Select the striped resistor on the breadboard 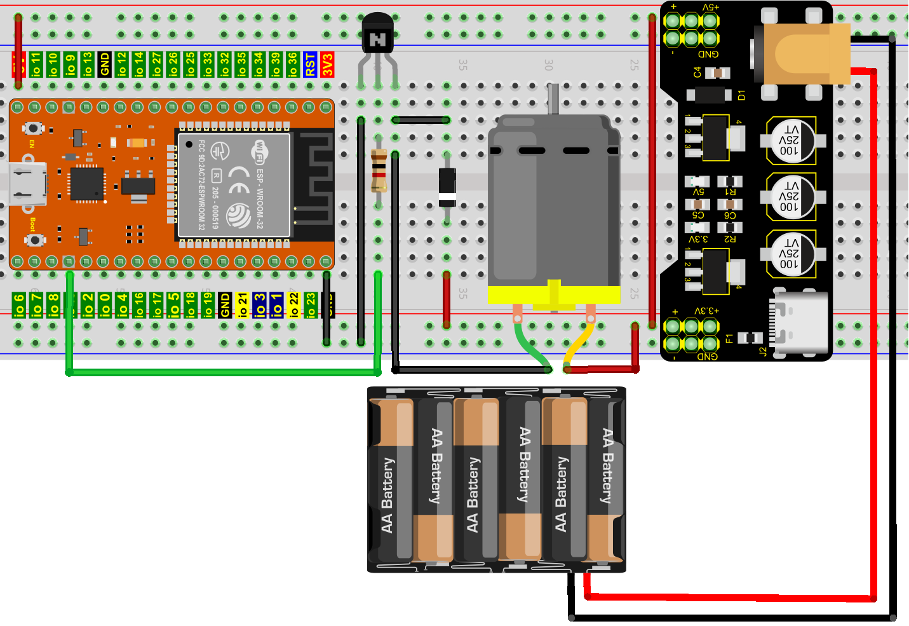click(x=379, y=170)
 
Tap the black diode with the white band click(x=447, y=187)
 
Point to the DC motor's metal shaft click(x=553, y=99)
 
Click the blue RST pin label click(x=310, y=64)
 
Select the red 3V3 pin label click(x=327, y=64)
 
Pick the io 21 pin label click(x=242, y=305)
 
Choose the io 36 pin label click(x=293, y=64)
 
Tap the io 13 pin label click(x=88, y=64)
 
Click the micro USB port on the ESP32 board click(x=28, y=184)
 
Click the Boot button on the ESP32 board click(x=34, y=240)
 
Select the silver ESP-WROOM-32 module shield click(x=234, y=184)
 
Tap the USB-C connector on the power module click(x=801, y=322)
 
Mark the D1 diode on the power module click(x=709, y=95)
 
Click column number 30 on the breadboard click(x=549, y=65)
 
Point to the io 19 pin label click(x=208, y=305)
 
